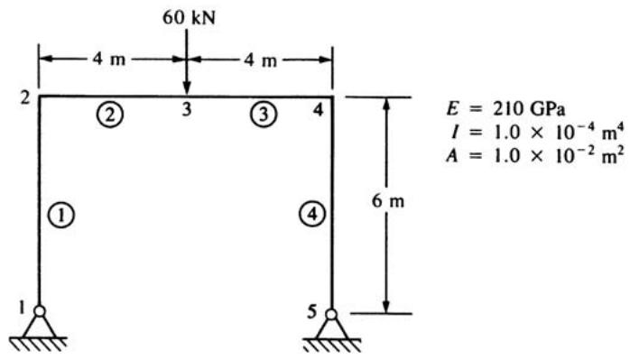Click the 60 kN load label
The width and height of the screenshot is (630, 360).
(189, 18)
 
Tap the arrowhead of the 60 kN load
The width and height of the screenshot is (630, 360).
(187, 88)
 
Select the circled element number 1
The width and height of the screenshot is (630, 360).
(61, 217)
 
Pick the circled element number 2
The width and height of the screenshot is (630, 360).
(110, 115)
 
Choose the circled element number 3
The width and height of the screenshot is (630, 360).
(264, 114)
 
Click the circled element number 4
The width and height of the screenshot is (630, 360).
(311, 214)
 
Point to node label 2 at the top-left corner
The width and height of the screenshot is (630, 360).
(25, 98)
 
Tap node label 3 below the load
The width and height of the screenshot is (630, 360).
(186, 109)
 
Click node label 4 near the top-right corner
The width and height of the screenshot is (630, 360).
(319, 110)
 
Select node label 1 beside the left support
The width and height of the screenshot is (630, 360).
(22, 309)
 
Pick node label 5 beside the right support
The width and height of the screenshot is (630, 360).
(312, 312)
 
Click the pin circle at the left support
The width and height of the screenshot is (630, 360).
(40, 311)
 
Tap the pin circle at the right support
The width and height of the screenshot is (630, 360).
(331, 314)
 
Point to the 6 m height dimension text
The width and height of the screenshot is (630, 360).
(388, 201)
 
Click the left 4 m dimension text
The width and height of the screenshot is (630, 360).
(109, 60)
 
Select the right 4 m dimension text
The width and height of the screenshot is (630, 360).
(260, 60)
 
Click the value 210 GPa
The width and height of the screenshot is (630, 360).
(529, 109)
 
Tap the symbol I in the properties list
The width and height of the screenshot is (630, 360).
(454, 133)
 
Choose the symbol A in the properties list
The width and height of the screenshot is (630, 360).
(452, 156)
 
